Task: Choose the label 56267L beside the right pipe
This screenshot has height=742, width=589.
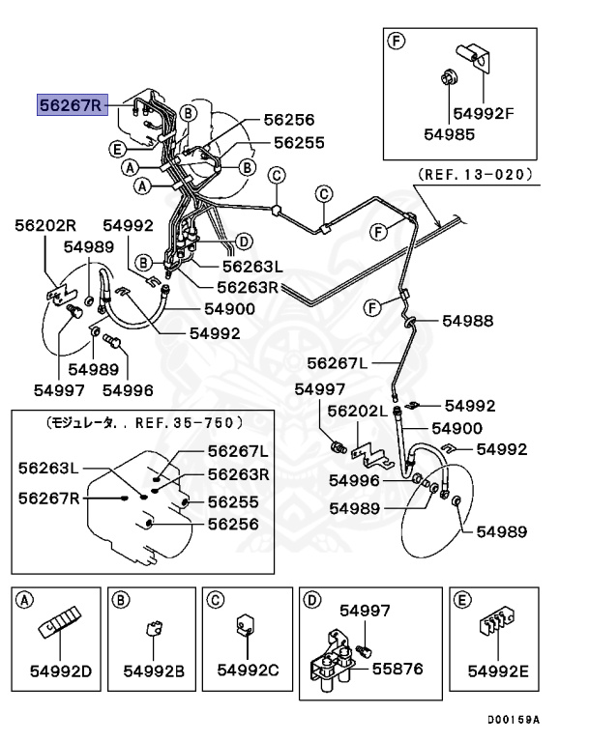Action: coord(339,363)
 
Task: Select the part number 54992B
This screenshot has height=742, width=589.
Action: coord(153,670)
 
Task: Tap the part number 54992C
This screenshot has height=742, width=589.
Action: coord(247,670)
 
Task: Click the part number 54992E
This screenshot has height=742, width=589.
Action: coord(497,670)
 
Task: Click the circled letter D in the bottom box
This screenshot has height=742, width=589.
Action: coord(311,600)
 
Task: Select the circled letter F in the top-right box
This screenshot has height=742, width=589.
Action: coord(395,41)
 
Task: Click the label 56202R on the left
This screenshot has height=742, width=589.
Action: coord(45,225)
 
